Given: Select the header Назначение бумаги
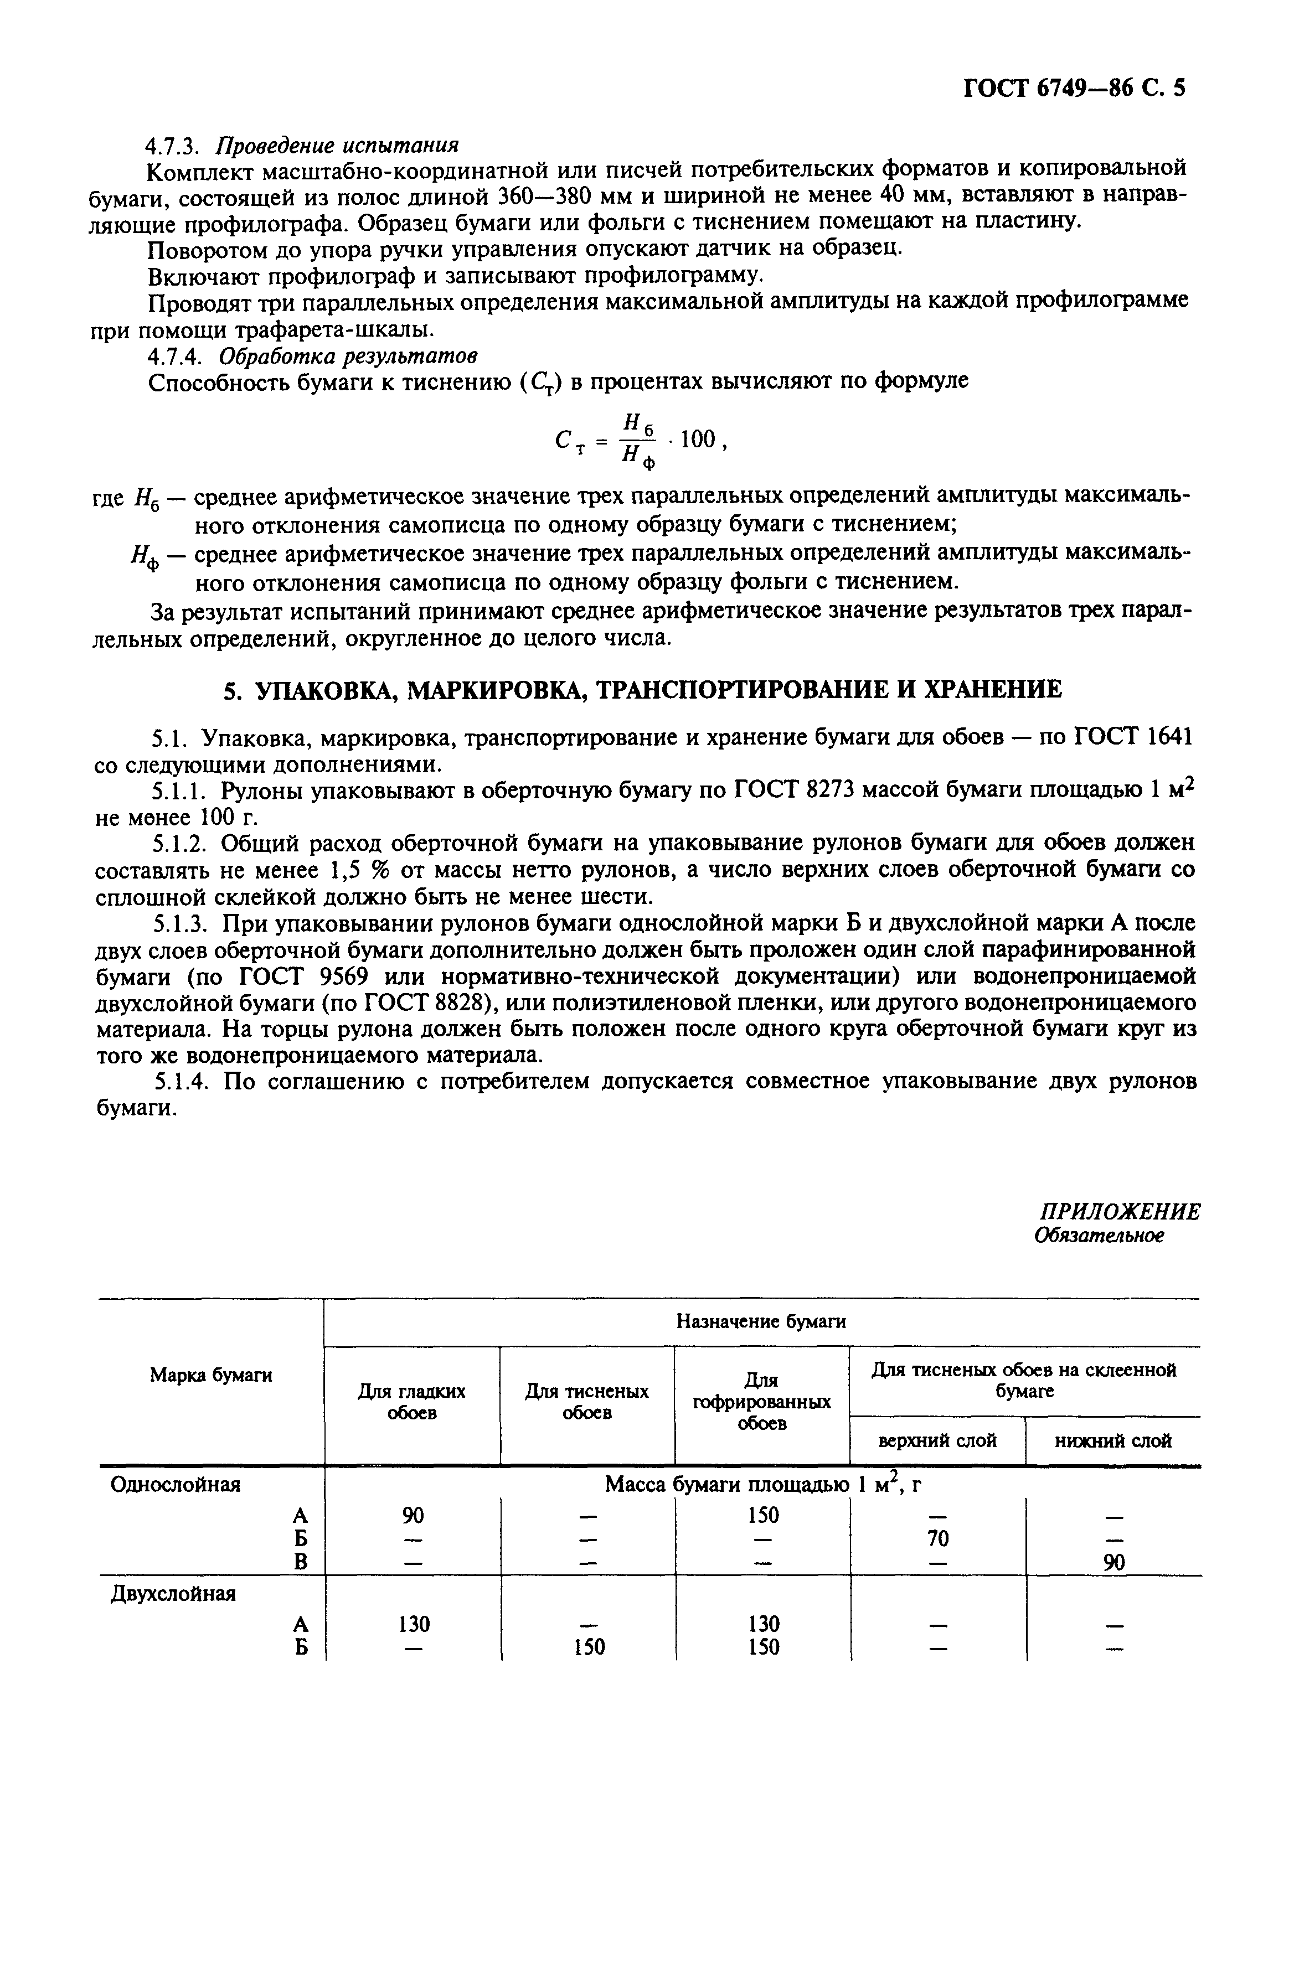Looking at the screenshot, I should pos(760,1321).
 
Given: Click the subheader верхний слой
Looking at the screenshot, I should pos(937,1440).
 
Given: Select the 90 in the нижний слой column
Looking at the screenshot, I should pos(1114,1564).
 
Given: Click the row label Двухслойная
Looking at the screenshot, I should pos(173,1593).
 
